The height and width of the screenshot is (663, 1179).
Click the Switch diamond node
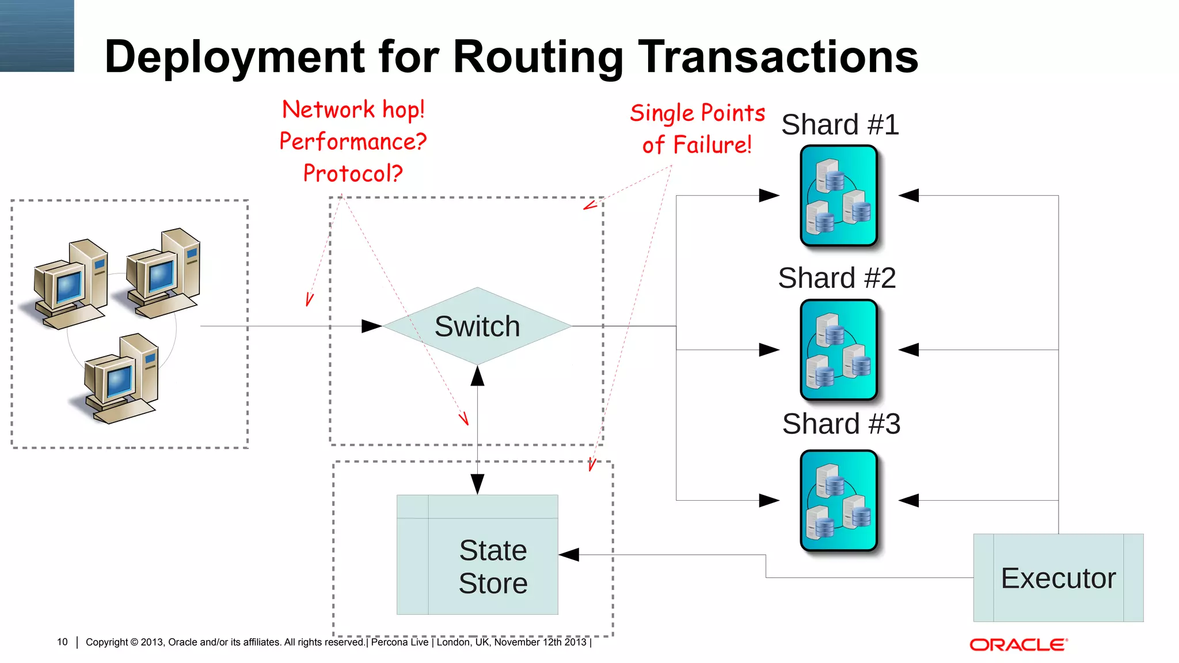(x=477, y=326)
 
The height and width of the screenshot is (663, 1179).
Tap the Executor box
(x=1058, y=578)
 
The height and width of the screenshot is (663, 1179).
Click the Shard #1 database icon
(x=839, y=196)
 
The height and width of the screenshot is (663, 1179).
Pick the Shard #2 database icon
(x=839, y=350)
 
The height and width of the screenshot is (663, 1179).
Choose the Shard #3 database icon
(x=839, y=501)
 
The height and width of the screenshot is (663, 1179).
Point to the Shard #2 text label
(x=836, y=278)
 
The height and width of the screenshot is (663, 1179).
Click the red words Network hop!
(x=353, y=109)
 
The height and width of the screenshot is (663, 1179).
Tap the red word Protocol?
(x=353, y=173)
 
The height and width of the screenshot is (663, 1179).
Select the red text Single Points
(x=697, y=113)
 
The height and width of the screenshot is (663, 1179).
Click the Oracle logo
(x=1018, y=645)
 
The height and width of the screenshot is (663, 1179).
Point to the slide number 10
(x=62, y=642)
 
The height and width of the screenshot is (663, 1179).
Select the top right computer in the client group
(x=163, y=273)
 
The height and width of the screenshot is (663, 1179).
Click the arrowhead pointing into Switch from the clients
(x=371, y=326)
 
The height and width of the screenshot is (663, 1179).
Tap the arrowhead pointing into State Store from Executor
(x=569, y=555)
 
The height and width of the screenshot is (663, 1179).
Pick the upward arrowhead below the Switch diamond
(x=477, y=376)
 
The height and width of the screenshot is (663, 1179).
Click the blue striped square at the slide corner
(x=37, y=36)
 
